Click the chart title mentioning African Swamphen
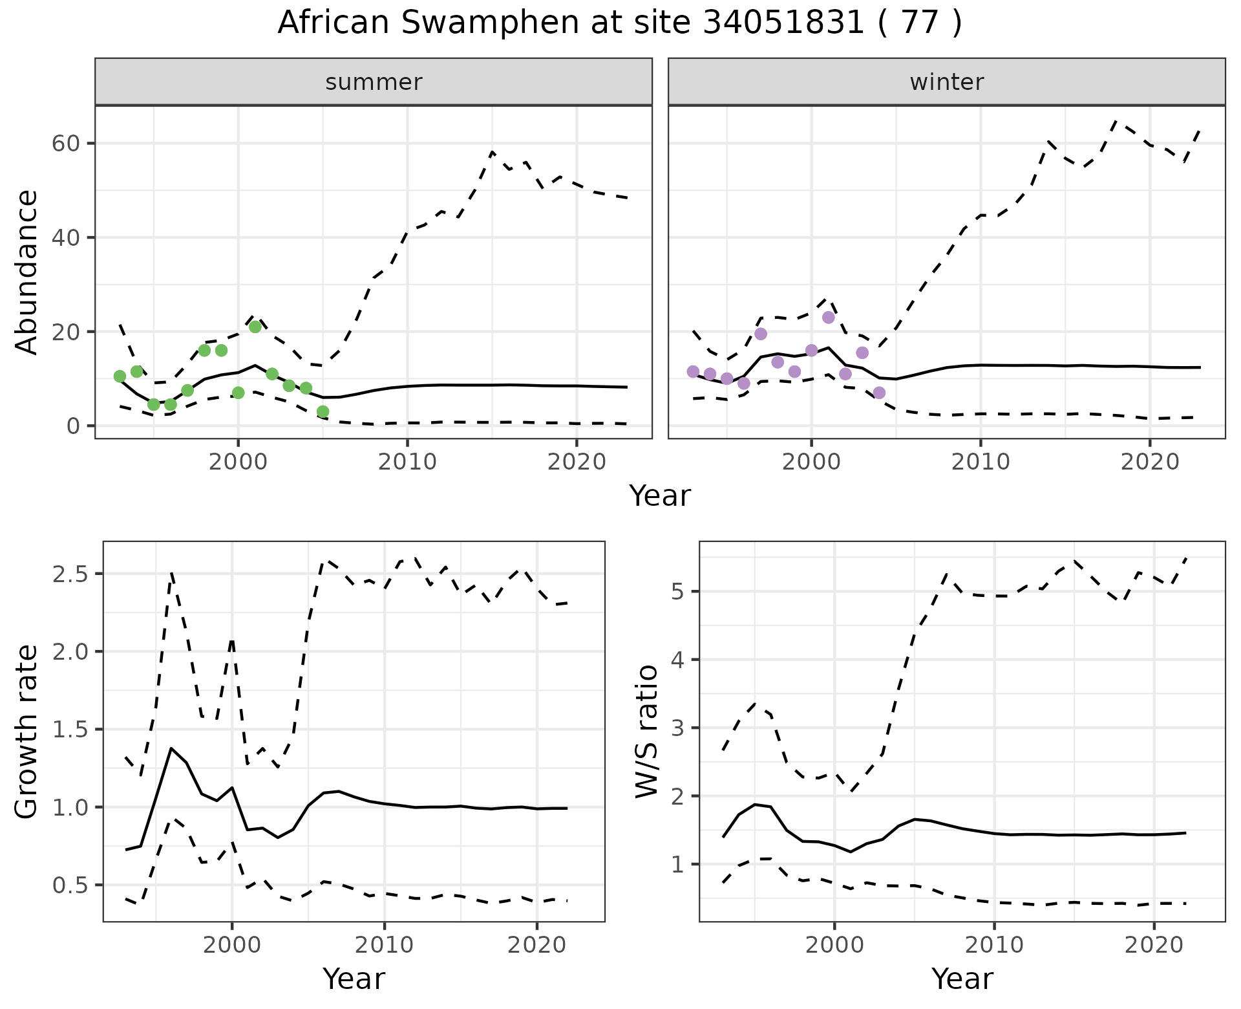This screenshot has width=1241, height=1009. pyautogui.click(x=620, y=23)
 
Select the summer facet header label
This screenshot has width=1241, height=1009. pyautogui.click(x=374, y=82)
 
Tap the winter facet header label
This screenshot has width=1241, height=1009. pyautogui.click(x=946, y=82)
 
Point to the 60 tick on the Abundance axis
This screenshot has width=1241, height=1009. pyautogui.click(x=66, y=143)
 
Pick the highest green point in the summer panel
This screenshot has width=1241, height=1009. pyautogui.click(x=255, y=327)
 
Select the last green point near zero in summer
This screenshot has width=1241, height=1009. pyautogui.click(x=323, y=411)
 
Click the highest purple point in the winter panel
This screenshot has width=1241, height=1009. pyautogui.click(x=829, y=318)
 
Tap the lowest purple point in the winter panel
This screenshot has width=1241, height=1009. pyautogui.click(x=879, y=393)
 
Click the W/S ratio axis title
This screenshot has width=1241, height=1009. pyautogui.click(x=646, y=732)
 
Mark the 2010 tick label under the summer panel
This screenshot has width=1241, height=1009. pyautogui.click(x=407, y=462)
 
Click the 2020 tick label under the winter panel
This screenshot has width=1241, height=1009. pyautogui.click(x=1149, y=462)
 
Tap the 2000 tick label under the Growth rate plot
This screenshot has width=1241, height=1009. pyautogui.click(x=231, y=945)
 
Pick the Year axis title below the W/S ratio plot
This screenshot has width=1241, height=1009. pyautogui.click(x=962, y=979)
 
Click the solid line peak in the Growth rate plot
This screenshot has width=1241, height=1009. pyautogui.click(x=171, y=748)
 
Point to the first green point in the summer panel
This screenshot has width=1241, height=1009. pyautogui.click(x=120, y=376)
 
